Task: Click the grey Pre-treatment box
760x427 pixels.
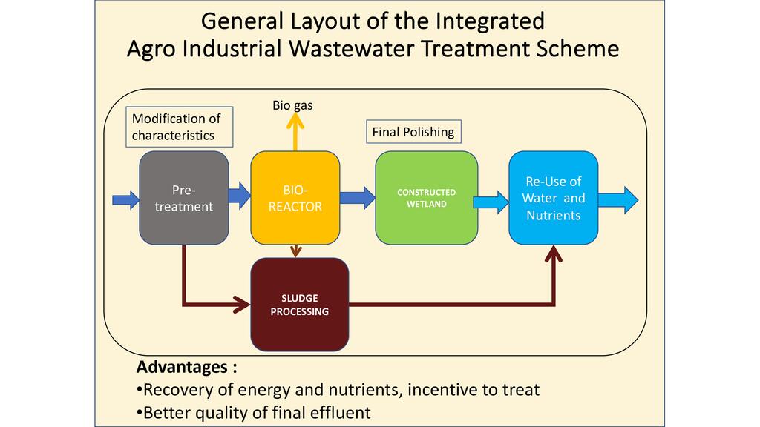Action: click(183, 198)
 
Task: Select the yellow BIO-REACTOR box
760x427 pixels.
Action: click(295, 198)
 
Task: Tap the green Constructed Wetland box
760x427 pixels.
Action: click(427, 198)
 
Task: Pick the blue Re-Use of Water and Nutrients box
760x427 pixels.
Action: click(553, 198)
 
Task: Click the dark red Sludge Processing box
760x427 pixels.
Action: click(299, 305)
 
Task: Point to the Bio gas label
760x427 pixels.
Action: click(292, 105)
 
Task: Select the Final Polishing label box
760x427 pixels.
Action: click(412, 133)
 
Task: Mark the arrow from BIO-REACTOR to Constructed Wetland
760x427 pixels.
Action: click(358, 196)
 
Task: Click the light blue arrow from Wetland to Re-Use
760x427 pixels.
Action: click(491, 199)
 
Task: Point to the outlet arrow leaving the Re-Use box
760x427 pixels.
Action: click(618, 199)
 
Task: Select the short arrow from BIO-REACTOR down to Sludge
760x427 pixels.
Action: click(296, 251)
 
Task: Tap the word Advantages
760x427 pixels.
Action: click(182, 368)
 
